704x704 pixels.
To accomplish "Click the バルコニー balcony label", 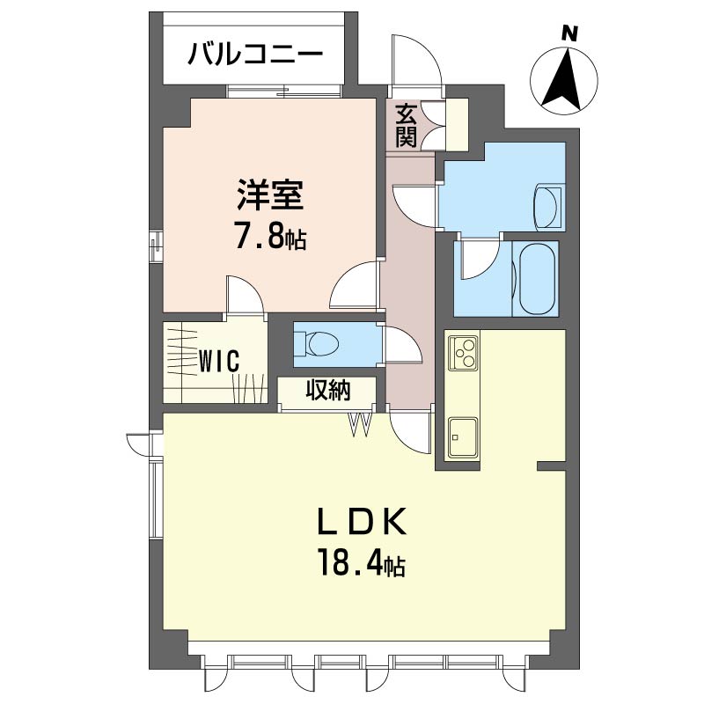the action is point(255,55).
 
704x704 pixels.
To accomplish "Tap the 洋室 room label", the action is point(270,194).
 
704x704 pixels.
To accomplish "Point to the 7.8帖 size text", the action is point(270,238).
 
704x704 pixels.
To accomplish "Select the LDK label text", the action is point(362,522).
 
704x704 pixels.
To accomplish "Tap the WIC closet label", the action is point(218,361).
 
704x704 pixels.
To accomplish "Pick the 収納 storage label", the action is point(328,390).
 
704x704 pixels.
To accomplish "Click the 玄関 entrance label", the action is point(406,125).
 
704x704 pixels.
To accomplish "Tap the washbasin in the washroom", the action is point(548,208).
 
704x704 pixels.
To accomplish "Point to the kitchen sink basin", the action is point(463,436).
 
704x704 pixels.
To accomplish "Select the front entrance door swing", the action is point(415,61).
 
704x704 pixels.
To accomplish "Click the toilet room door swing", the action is point(403,345).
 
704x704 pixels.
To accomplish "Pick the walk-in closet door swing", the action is point(244,296).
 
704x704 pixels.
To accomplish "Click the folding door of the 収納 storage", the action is point(361,424).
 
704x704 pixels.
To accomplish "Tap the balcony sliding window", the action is point(283,92).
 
